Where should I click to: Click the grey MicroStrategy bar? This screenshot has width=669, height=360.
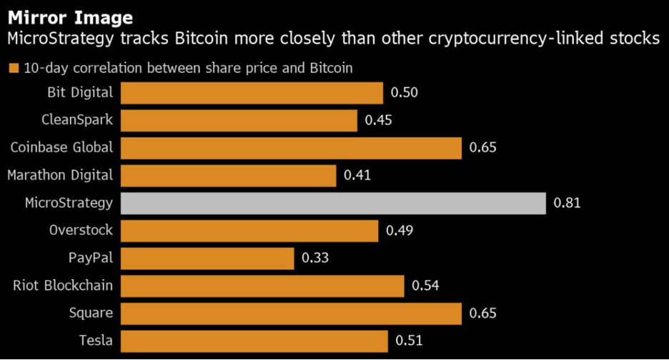tap(333, 203)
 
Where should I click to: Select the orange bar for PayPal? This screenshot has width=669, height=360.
tap(207, 258)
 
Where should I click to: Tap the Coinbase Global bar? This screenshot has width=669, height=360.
tap(291, 148)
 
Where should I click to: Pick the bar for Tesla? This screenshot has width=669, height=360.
tap(254, 341)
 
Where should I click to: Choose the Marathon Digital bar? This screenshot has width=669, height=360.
tap(228, 175)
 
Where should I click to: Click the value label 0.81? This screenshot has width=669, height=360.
tap(567, 203)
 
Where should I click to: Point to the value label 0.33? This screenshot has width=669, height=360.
tap(315, 258)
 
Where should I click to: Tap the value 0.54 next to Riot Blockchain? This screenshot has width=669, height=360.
tap(425, 286)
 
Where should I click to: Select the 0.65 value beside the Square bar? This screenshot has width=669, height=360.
tap(482, 313)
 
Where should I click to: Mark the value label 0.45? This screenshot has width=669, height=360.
tap(378, 121)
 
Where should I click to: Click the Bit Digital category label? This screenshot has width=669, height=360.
tap(80, 92)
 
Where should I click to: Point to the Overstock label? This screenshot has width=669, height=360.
tap(81, 230)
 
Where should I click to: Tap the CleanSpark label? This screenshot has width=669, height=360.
tap(76, 120)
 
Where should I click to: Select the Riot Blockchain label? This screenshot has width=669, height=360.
tap(63, 286)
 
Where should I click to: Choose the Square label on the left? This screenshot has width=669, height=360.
tap(91, 313)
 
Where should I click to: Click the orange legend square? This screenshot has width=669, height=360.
tap(13, 69)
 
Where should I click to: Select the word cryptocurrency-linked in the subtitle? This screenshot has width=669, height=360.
tap(538, 39)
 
